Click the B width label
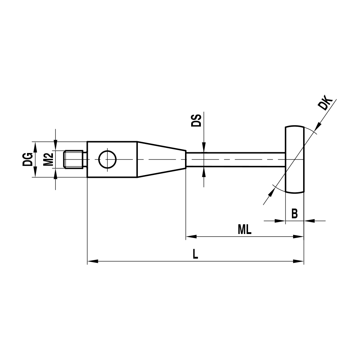coord(294,214)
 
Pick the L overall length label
coord(195,255)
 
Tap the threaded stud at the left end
coord(74,159)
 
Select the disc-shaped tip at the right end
coord(295,159)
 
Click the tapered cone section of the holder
coord(161,159)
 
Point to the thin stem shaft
coord(236,159)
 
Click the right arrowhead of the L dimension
coord(299,261)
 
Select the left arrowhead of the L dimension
coord(93,261)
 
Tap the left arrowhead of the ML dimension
coord(191,237)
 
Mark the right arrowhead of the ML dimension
coord(299,237)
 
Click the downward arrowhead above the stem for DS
coord(203,147)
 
